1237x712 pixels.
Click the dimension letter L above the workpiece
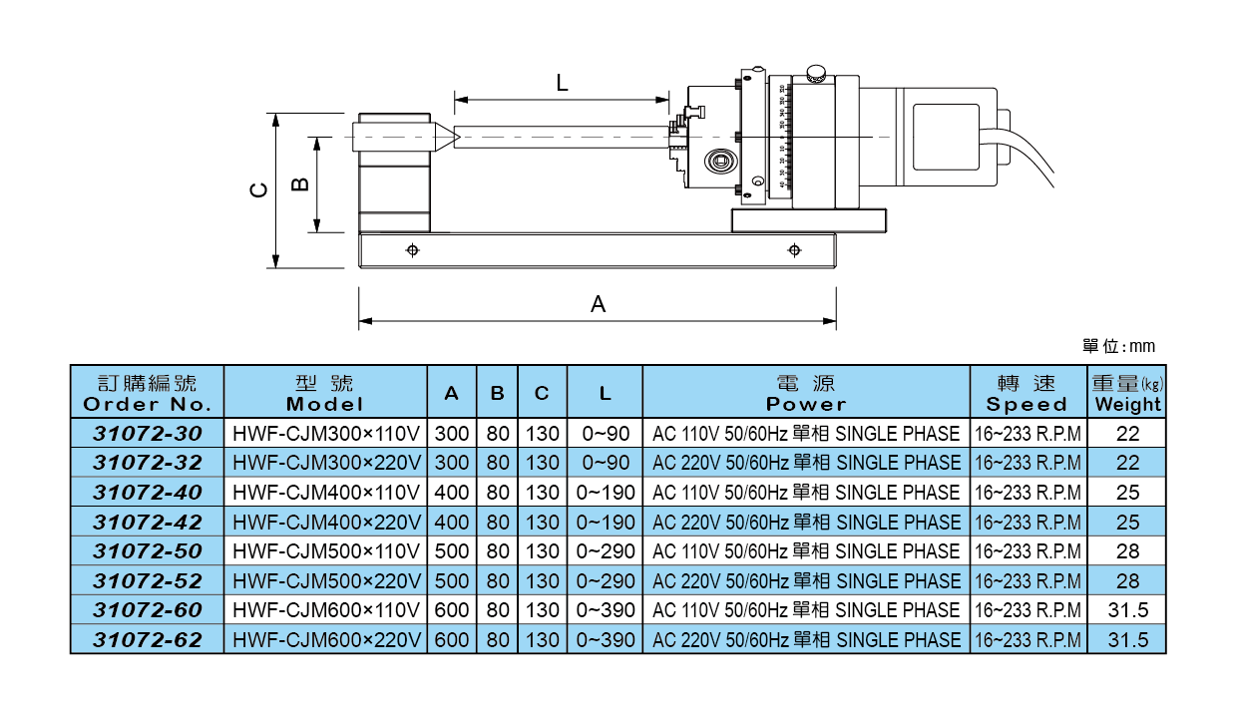(563, 84)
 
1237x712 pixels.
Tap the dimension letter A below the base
(599, 304)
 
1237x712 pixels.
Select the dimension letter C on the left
(258, 190)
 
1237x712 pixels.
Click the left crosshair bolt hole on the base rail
(412, 249)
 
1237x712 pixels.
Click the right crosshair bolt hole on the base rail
(794, 249)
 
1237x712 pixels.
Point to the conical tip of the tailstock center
(446, 137)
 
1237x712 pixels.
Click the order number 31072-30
(148, 433)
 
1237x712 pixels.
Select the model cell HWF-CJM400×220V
(326, 522)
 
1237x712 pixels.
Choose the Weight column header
(1127, 393)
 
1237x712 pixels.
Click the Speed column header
(1027, 393)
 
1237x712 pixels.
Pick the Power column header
(806, 393)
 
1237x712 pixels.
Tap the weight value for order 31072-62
(1127, 640)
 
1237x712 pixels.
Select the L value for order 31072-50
(606, 551)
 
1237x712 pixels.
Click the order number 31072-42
(148, 522)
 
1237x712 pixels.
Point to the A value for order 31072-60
(452, 610)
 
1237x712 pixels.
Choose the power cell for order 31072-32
(806, 463)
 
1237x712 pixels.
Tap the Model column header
(325, 393)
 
